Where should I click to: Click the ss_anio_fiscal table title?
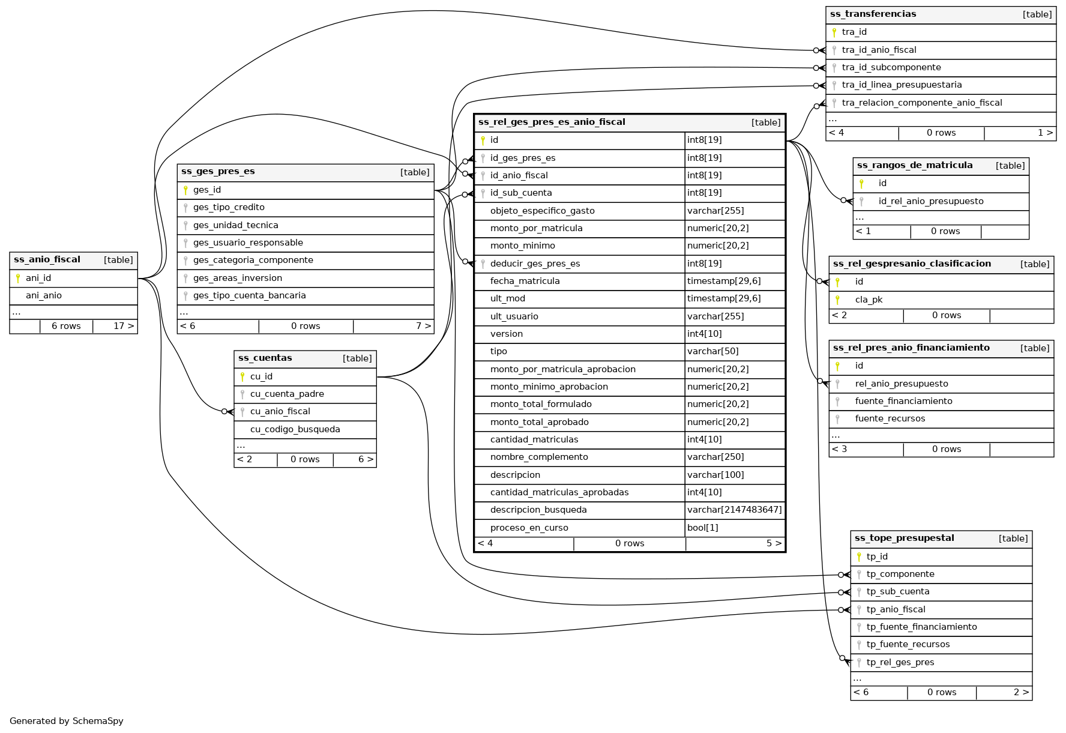(x=47, y=260)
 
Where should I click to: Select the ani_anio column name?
(x=44, y=295)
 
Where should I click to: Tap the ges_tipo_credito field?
(x=229, y=207)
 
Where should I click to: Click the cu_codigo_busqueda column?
(x=295, y=429)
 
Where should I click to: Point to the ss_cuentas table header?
(x=265, y=358)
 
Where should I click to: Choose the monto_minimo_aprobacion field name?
(x=549, y=387)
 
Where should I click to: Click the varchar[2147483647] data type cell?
(x=734, y=510)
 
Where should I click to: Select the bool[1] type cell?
(x=702, y=528)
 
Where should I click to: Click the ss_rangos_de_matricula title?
(x=915, y=165)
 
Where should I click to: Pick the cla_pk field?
(x=869, y=300)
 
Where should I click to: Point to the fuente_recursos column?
(x=890, y=418)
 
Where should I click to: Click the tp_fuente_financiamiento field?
(x=921, y=627)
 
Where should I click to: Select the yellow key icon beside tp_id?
(x=859, y=557)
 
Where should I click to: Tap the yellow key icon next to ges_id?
(x=185, y=190)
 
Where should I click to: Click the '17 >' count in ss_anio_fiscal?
(x=124, y=326)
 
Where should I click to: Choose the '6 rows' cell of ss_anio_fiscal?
(x=66, y=326)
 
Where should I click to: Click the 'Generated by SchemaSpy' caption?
(x=67, y=721)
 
